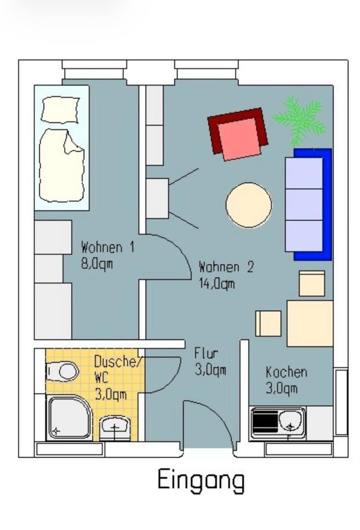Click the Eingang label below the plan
201,480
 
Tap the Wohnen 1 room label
107,247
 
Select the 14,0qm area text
216,284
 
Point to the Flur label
206,353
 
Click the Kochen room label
286,372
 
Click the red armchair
237,134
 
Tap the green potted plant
300,119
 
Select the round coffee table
248,205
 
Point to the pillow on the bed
61,110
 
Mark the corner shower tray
69,417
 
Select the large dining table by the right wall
309,324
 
